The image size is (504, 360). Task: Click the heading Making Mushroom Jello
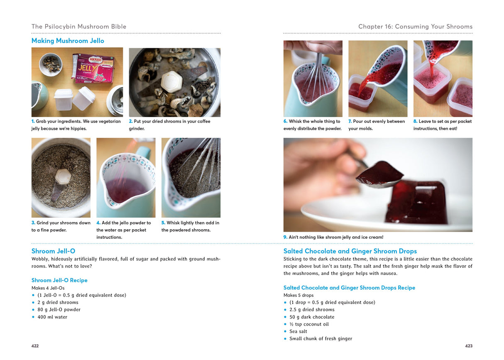coord(68,41)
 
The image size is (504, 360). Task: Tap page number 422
coord(35,346)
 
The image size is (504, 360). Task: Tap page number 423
coord(469,346)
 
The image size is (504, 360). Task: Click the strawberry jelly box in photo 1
coord(94,68)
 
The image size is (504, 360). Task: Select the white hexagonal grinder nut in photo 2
coord(171,82)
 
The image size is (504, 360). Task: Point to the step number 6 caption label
coord(285,121)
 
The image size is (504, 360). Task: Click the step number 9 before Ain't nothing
coord(285,237)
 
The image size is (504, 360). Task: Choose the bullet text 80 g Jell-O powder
coord(59,310)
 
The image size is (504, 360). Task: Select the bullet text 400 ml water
coord(52,317)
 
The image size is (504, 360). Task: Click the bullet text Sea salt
coord(298,331)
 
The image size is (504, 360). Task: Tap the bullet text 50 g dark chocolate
coord(312,317)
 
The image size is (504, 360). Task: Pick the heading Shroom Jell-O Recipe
coord(59,280)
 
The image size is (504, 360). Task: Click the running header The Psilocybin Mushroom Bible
coord(79,27)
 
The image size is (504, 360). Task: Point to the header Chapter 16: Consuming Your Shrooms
coord(415,27)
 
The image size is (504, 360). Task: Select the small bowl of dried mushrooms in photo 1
coord(51,65)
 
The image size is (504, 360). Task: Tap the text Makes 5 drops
coord(298,295)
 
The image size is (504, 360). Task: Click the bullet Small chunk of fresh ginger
coord(321,339)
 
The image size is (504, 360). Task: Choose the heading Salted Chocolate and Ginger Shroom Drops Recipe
coord(349,288)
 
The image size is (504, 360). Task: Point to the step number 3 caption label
coord(33,223)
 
